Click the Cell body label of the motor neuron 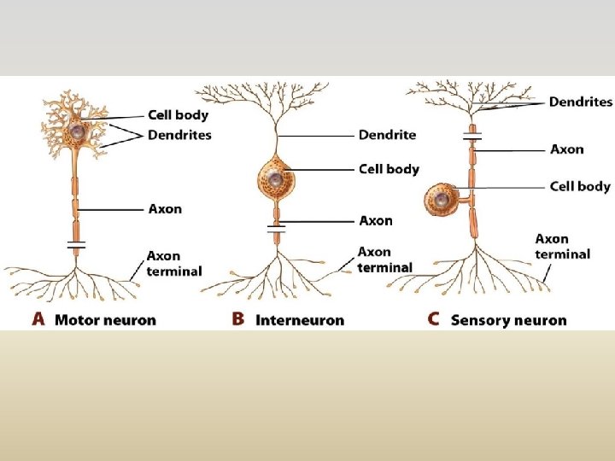(178, 114)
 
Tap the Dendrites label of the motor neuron (179, 135)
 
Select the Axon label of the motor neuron (165, 208)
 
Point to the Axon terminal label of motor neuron (174, 263)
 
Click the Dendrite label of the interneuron (387, 135)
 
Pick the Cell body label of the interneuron (389, 169)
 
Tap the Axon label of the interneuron (376, 220)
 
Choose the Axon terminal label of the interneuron (384, 260)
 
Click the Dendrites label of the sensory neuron (580, 102)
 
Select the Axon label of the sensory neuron (567, 149)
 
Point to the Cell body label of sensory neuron (580, 186)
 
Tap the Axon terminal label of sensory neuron (562, 247)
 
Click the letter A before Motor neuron (38, 320)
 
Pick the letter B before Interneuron (237, 320)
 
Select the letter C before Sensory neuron (434, 320)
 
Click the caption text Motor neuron (105, 321)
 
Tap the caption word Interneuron (299, 321)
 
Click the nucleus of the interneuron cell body (275, 179)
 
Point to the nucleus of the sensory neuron (442, 201)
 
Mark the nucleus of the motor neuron (78, 131)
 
